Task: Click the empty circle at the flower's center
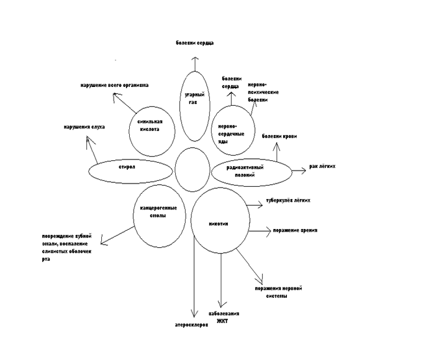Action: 191,167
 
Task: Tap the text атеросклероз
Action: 193,324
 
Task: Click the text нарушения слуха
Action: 84,127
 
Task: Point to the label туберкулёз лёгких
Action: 288,200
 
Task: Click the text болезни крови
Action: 280,136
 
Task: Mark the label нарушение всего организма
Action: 115,85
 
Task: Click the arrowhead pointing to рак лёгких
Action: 303,171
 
